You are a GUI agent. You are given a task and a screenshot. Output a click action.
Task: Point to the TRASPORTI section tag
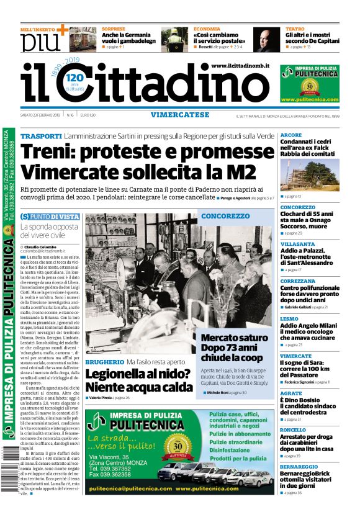click(x=40, y=136)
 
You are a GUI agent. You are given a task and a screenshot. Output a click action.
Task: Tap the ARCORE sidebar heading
click(x=291, y=135)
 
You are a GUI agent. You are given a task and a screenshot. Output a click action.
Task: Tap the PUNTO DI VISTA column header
click(x=51, y=217)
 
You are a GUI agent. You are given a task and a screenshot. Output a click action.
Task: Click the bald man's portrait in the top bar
click(x=266, y=39)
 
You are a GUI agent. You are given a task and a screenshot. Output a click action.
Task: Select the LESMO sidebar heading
click(x=289, y=319)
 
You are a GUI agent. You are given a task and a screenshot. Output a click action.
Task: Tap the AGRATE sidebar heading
click(x=290, y=393)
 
